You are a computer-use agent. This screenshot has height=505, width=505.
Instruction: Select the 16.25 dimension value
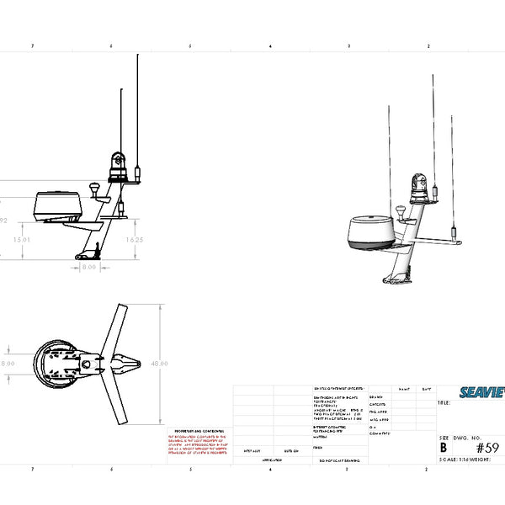133,240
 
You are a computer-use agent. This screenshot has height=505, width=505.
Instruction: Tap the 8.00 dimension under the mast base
88,268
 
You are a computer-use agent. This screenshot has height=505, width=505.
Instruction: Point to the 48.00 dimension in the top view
159,364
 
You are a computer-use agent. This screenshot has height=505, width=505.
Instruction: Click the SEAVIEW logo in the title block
481,391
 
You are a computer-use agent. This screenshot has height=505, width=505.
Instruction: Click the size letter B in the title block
444,448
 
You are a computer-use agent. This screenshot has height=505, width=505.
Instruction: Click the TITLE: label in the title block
444,403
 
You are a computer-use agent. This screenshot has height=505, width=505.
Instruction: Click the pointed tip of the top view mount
141,364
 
